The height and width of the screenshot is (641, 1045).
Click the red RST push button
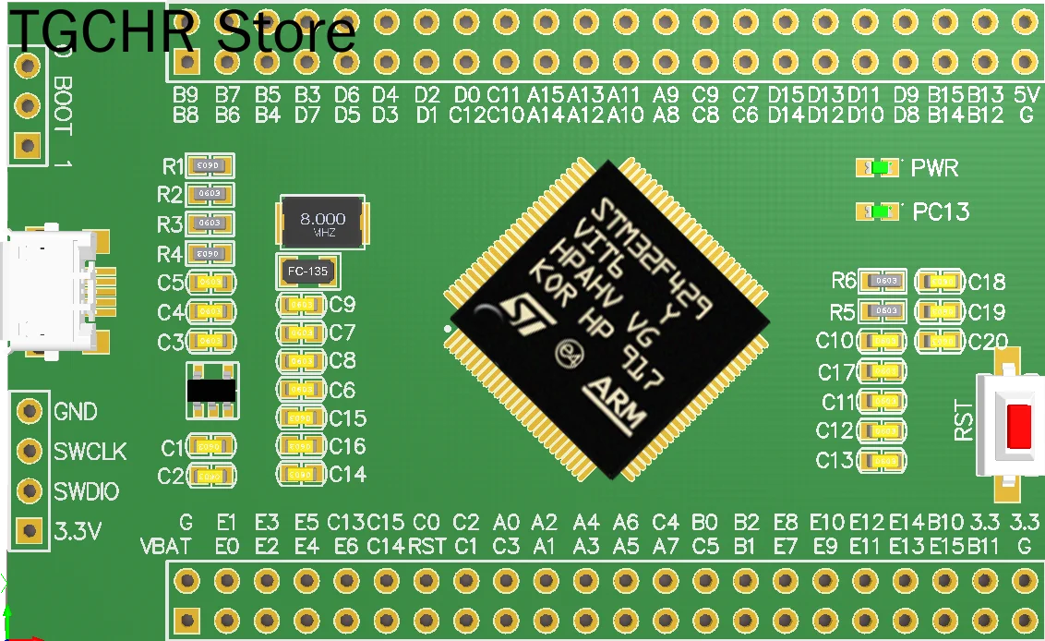[x=1019, y=426]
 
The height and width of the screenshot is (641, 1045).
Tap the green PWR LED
[x=880, y=168]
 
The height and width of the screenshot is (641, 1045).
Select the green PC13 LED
[x=880, y=212]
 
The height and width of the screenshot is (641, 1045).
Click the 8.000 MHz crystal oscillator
[x=322, y=223]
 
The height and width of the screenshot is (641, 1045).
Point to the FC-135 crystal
[x=308, y=272]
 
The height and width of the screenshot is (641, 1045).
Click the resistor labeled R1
[x=210, y=166]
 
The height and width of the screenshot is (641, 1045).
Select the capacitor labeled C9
[x=301, y=304]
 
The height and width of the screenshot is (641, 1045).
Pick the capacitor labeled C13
[x=883, y=460]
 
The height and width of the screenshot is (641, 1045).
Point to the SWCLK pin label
[x=90, y=452]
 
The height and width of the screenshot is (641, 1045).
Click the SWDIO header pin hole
[x=30, y=490]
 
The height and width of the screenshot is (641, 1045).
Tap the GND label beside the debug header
[x=76, y=412]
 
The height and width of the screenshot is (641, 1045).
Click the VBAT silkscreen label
[x=166, y=546]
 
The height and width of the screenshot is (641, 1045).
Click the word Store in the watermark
[x=285, y=32]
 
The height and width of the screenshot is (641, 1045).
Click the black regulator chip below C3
[x=210, y=391]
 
